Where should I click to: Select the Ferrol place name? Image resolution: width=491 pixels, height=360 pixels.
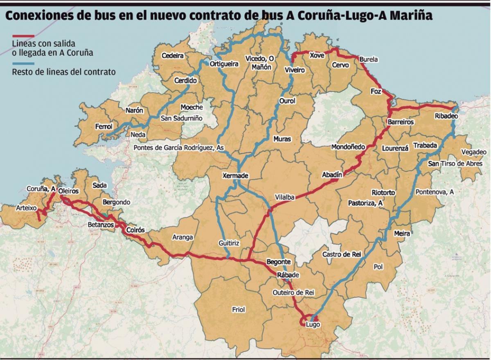click(104, 127)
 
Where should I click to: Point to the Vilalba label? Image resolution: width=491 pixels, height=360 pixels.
click(285, 197)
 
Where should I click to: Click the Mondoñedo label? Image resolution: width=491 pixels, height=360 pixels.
click(348, 147)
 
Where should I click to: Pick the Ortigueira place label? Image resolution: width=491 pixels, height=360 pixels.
click(224, 64)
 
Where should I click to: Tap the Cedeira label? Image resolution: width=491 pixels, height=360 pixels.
click(173, 56)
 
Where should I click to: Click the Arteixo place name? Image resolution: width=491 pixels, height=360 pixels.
click(26, 208)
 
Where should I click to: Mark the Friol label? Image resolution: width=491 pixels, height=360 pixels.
click(238, 310)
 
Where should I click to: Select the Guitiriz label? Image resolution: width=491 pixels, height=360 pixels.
click(229, 243)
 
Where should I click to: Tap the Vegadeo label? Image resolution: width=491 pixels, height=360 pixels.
click(474, 152)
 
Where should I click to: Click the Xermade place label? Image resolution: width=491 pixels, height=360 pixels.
click(235, 175)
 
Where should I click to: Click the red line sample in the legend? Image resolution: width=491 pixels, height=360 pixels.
click(23, 36)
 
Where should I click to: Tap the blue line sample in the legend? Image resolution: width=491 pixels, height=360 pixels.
click(23, 64)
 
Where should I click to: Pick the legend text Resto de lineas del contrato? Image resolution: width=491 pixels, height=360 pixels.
click(63, 72)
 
